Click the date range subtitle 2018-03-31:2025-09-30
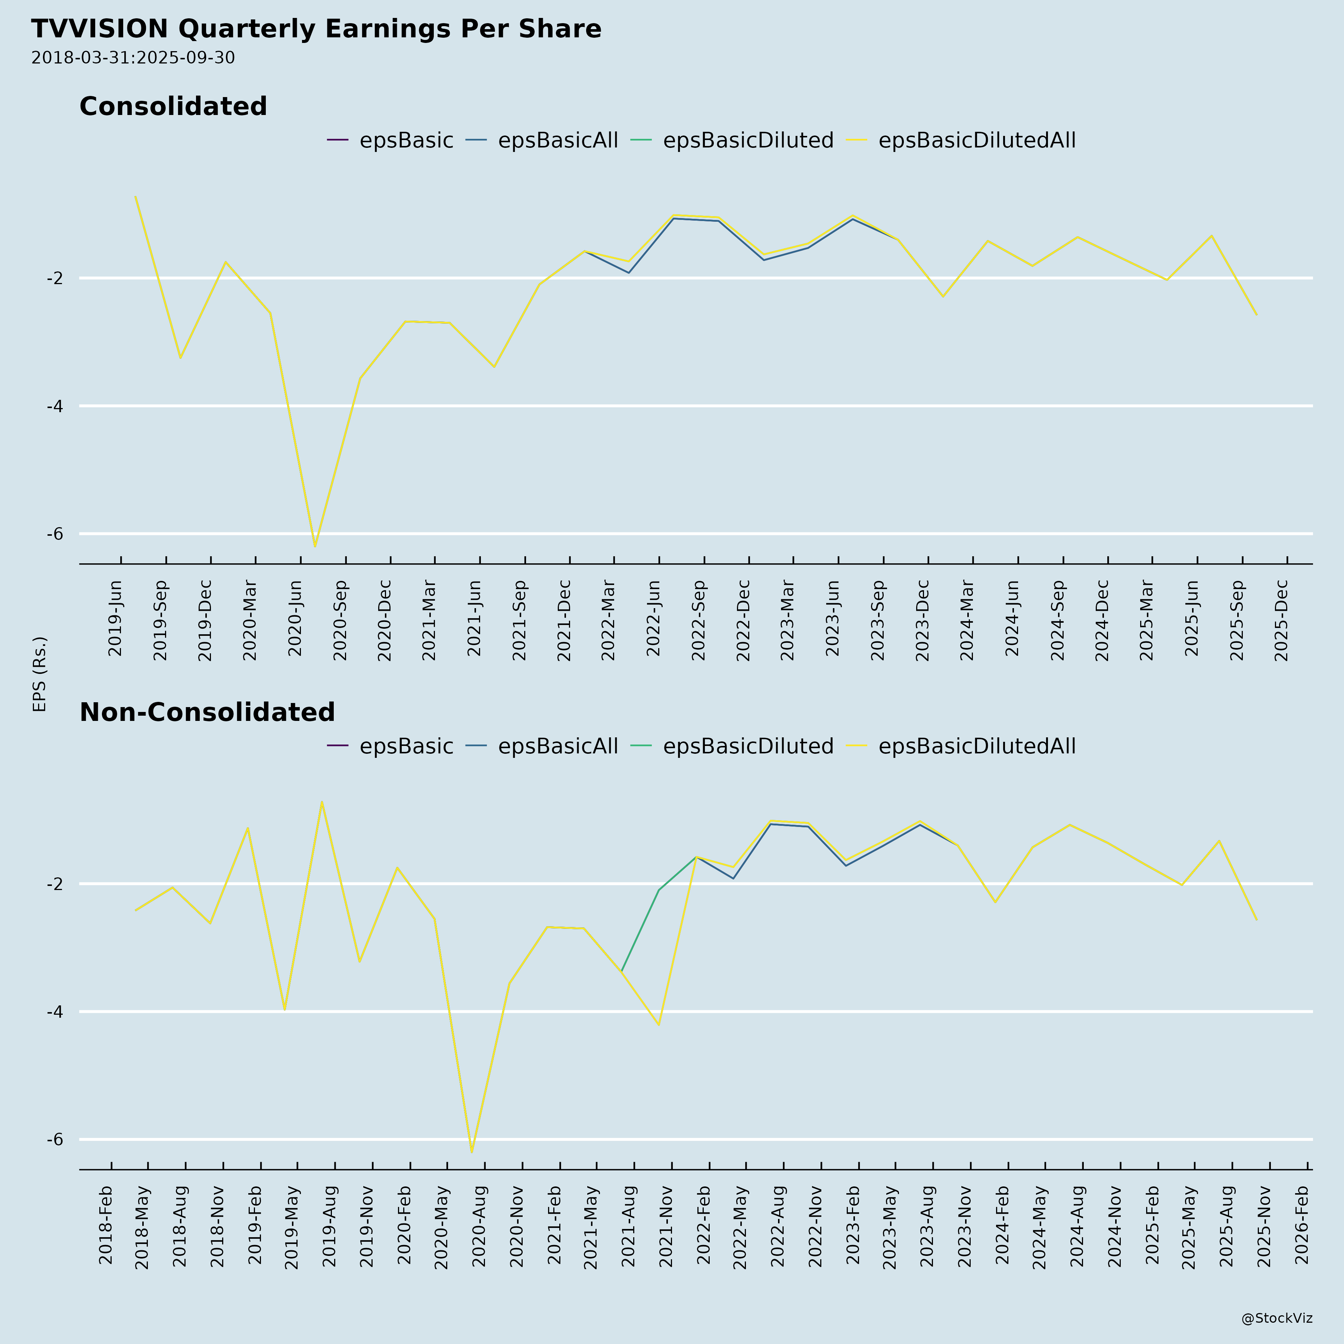pos(133,58)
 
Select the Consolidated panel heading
pos(173,106)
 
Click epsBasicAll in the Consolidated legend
pos(557,140)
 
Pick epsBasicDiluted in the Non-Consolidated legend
pos(748,746)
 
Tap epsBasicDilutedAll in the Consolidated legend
pos(977,140)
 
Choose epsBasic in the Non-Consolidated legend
pos(406,746)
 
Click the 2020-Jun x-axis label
pos(295,618)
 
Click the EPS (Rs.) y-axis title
pos(40,673)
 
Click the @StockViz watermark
pos(1276,1318)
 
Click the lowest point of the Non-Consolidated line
pos(472,1153)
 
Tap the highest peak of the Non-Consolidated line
pos(321,802)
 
